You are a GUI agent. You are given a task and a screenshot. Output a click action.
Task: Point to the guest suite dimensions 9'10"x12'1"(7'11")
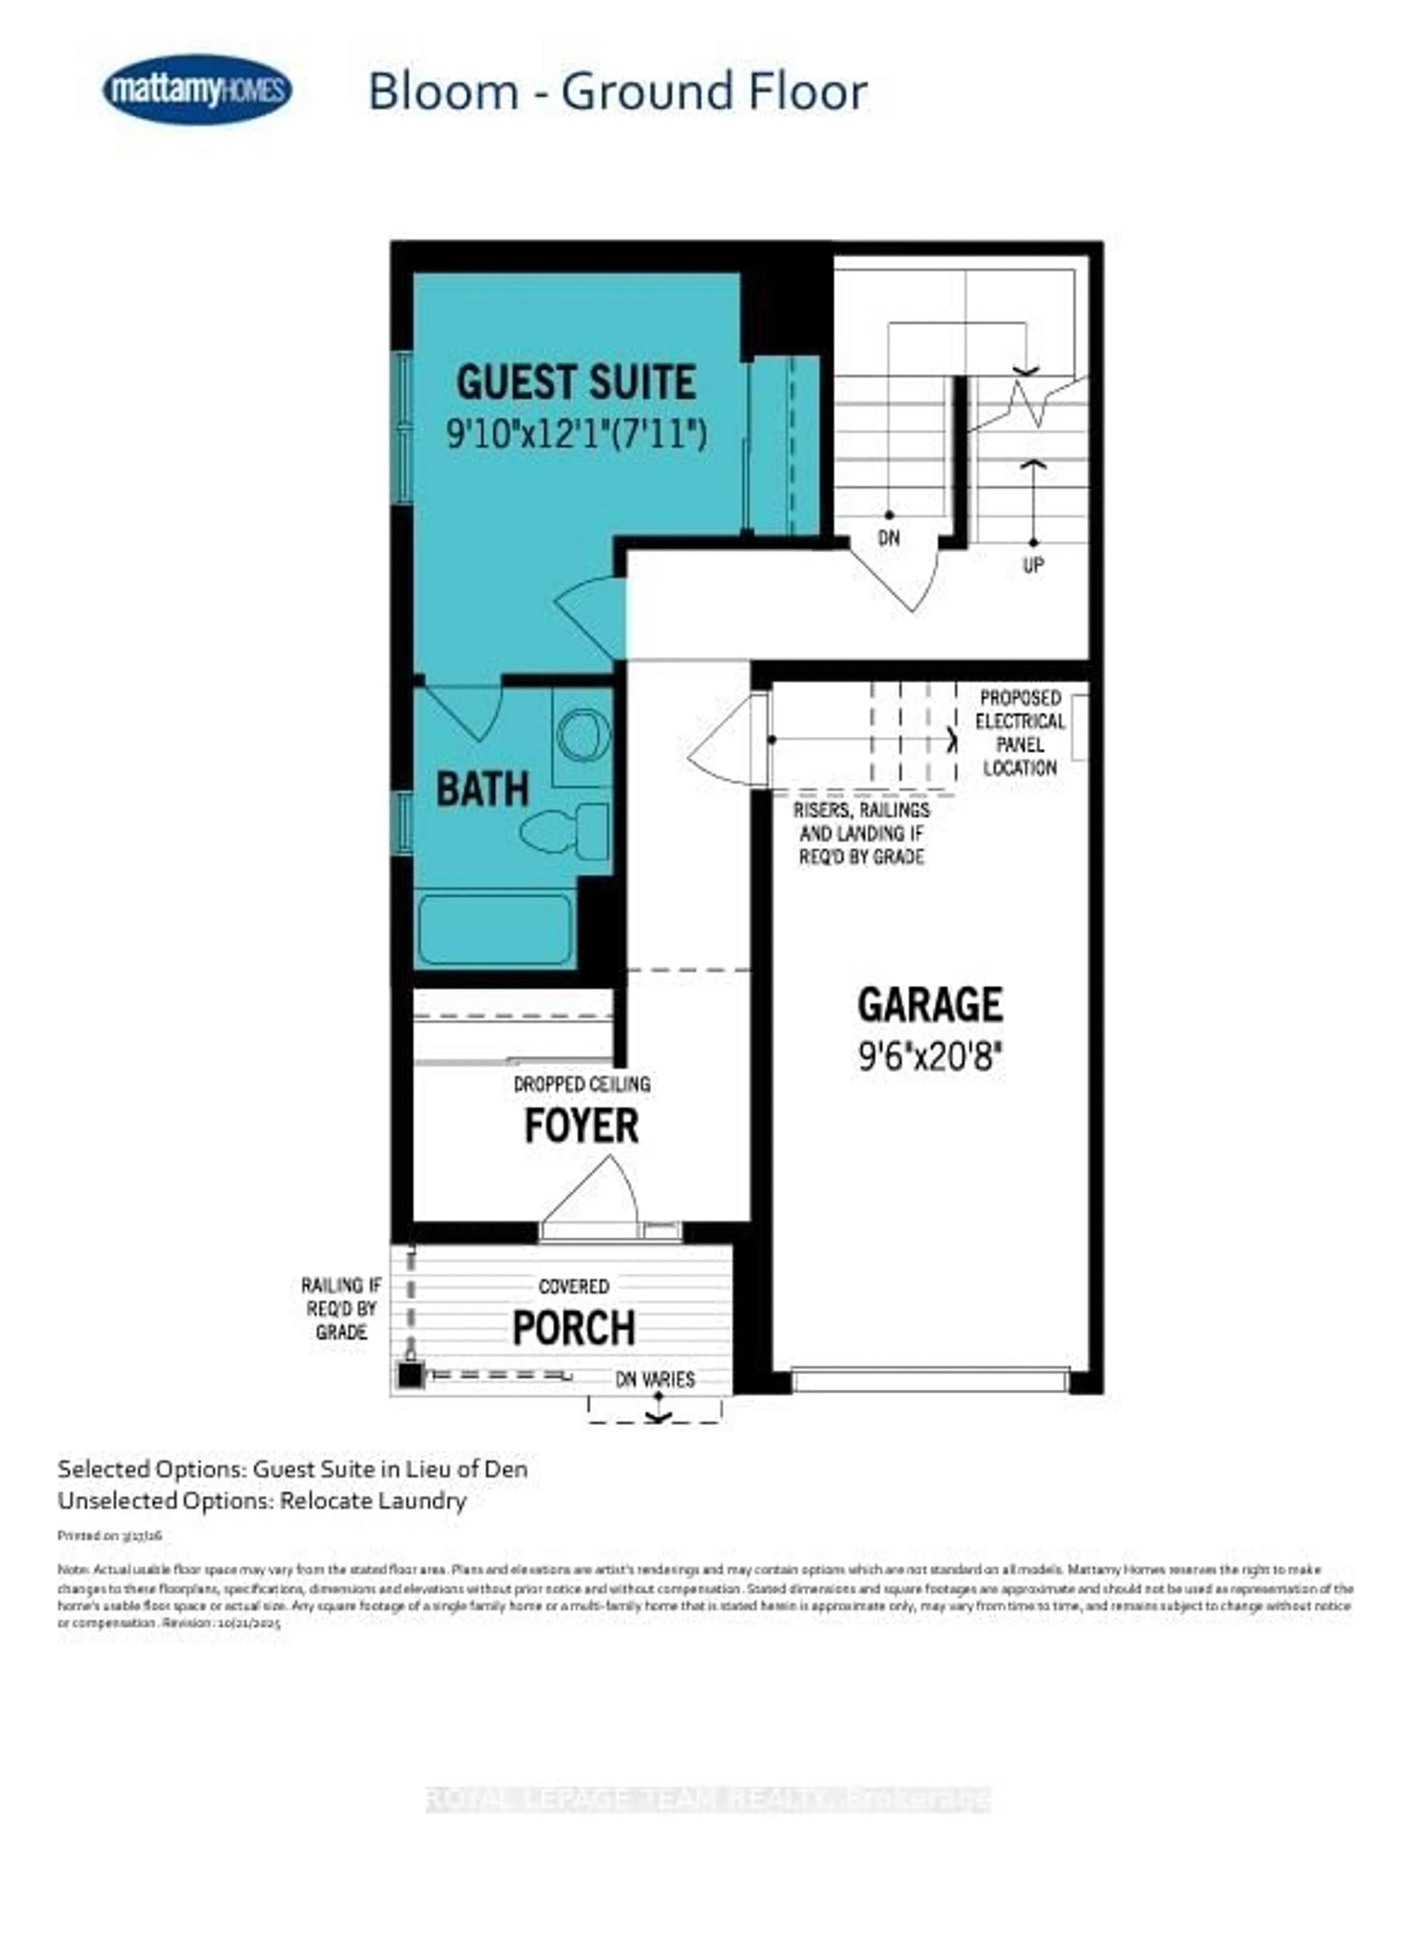(576, 434)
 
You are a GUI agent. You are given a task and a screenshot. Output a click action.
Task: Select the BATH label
(482, 789)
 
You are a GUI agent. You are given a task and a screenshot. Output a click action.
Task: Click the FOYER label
(581, 1126)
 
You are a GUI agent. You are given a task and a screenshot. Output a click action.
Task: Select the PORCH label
(573, 1328)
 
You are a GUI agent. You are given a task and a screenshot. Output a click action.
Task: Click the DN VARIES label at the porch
(656, 1379)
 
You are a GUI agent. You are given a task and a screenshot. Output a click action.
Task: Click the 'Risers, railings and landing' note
(861, 833)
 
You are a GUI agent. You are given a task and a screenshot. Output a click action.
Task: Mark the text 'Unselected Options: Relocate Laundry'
(262, 1501)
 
